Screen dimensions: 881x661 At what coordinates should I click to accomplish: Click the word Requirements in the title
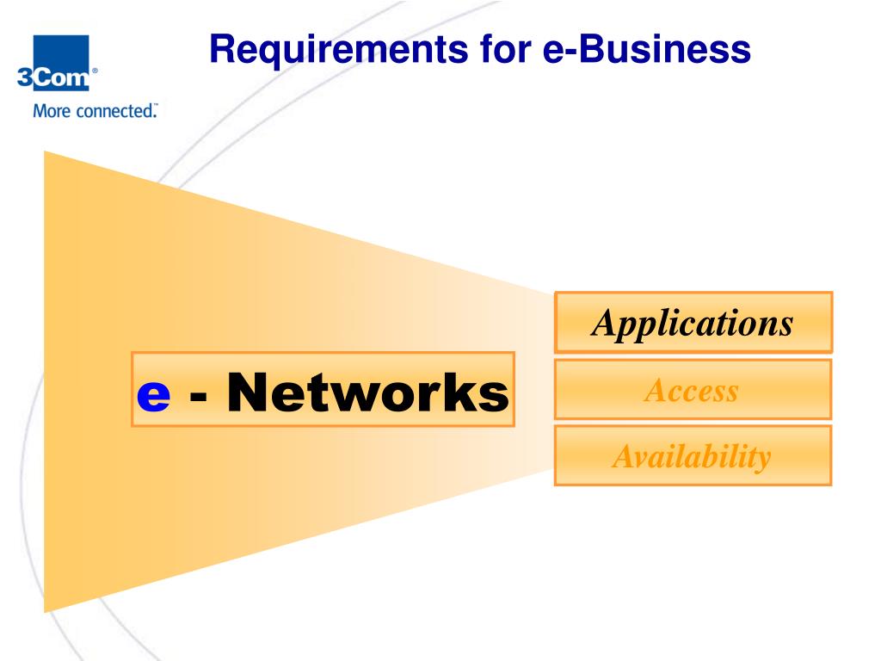pyautogui.click(x=339, y=50)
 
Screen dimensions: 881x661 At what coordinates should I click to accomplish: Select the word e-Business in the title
pyautogui.click(x=647, y=48)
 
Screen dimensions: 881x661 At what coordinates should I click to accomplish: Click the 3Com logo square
pyautogui.click(x=61, y=62)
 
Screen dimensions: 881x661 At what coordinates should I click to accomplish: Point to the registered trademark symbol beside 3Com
pyautogui.click(x=95, y=71)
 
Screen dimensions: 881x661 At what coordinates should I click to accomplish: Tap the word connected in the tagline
pyautogui.click(x=116, y=111)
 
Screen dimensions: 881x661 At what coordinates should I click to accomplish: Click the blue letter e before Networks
pyautogui.click(x=153, y=394)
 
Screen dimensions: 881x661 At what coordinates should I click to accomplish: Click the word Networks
pyautogui.click(x=368, y=392)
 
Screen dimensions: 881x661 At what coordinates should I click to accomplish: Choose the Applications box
pyautogui.click(x=693, y=322)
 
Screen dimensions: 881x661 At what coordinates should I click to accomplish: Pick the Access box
pyautogui.click(x=693, y=390)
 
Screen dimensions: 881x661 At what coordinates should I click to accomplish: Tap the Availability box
pyautogui.click(x=693, y=455)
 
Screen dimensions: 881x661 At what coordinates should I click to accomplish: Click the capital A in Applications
pyautogui.click(x=606, y=323)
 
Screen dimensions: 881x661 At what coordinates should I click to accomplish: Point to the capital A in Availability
pyautogui.click(x=625, y=456)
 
